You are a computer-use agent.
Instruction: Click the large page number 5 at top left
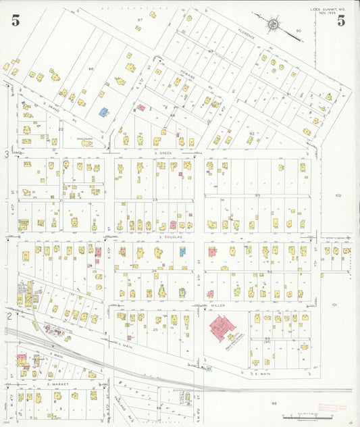[x=15, y=20]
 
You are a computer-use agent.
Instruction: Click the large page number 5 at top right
[x=341, y=20]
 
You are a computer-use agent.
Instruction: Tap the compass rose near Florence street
[x=273, y=25]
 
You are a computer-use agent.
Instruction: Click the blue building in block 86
[x=103, y=112]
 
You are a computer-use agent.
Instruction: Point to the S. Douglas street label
[x=172, y=237]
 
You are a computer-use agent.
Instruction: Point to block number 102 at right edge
[x=338, y=195]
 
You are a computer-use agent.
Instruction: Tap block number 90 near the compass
[x=299, y=30]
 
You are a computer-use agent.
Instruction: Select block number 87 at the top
[x=140, y=20]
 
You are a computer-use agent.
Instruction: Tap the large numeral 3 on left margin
[x=7, y=155]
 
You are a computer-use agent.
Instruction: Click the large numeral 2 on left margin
[x=8, y=316]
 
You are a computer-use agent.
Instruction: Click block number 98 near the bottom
[x=274, y=403]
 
